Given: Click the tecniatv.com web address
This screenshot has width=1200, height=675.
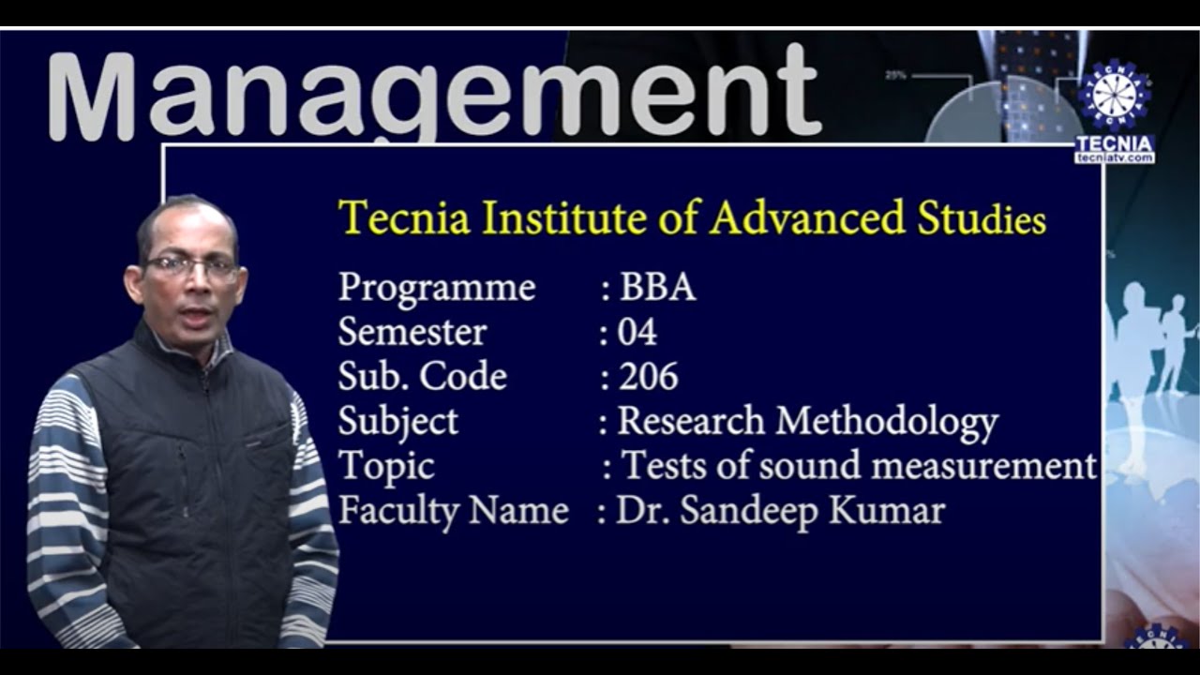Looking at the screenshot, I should click(1114, 158).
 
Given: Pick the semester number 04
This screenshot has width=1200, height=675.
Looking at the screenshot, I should click(637, 333).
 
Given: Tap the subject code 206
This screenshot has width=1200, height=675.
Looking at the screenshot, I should click(648, 377).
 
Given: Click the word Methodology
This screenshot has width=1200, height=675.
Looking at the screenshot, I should click(887, 423).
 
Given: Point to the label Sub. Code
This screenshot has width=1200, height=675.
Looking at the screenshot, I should click(422, 377).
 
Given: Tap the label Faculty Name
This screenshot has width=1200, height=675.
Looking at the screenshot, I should click(453, 512).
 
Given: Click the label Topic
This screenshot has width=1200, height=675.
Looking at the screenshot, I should click(386, 466).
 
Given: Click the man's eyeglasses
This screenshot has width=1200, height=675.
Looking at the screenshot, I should click(191, 266).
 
